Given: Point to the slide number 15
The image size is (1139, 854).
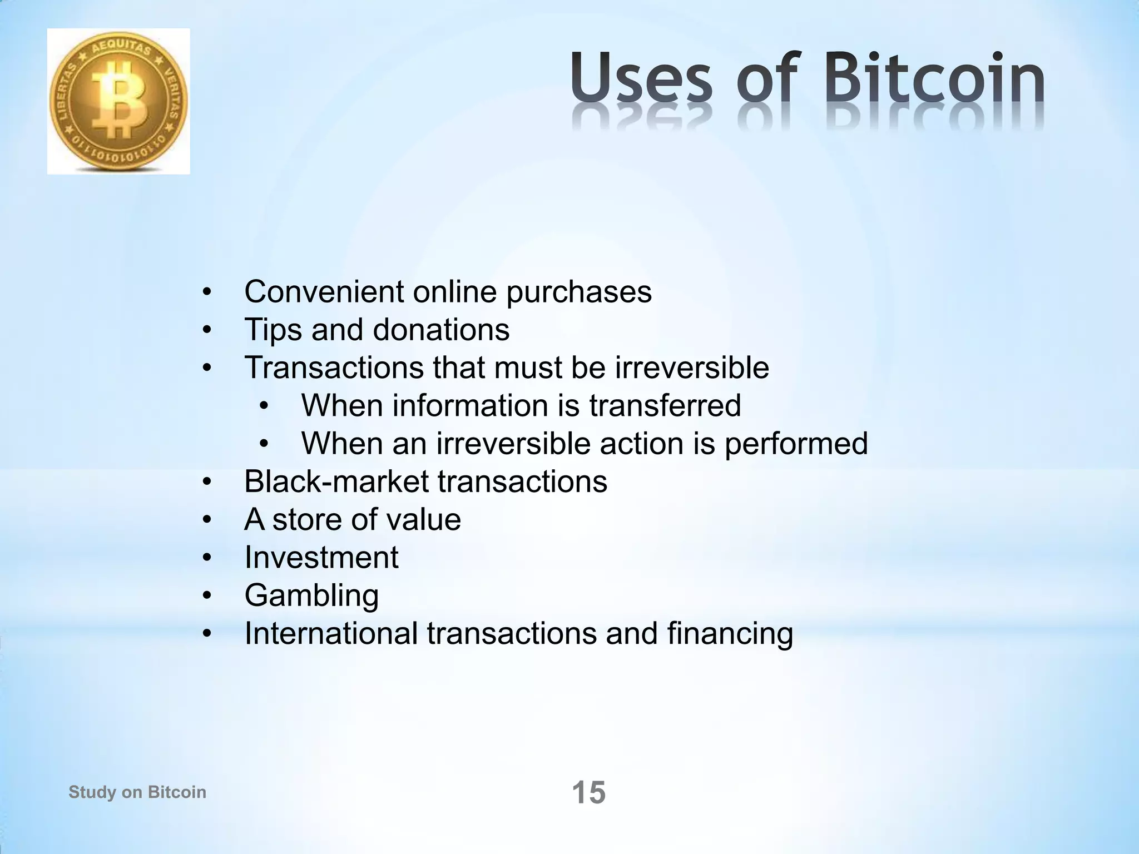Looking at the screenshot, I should (588, 792).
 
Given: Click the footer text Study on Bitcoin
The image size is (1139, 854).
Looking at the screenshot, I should (137, 792).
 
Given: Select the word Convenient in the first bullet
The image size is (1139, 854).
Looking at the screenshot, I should (324, 292).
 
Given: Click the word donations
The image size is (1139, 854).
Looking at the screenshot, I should (441, 330).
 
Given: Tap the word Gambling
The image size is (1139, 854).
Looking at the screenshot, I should (311, 595).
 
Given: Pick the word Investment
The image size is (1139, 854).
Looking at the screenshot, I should (321, 558).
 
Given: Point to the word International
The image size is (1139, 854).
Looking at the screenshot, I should (331, 633).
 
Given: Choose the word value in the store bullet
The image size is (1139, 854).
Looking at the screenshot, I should (423, 520).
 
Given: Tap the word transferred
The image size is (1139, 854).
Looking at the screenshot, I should (665, 405).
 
